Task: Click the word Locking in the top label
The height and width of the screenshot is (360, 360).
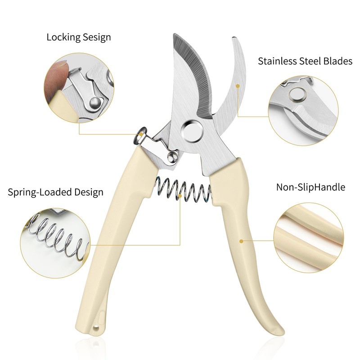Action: [63, 37]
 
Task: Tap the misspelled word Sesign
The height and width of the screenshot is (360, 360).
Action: [96, 37]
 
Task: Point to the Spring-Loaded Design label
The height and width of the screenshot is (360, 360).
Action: [56, 193]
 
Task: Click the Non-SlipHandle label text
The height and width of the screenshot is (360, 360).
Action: [310, 187]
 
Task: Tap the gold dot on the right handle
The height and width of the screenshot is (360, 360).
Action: [241, 241]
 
